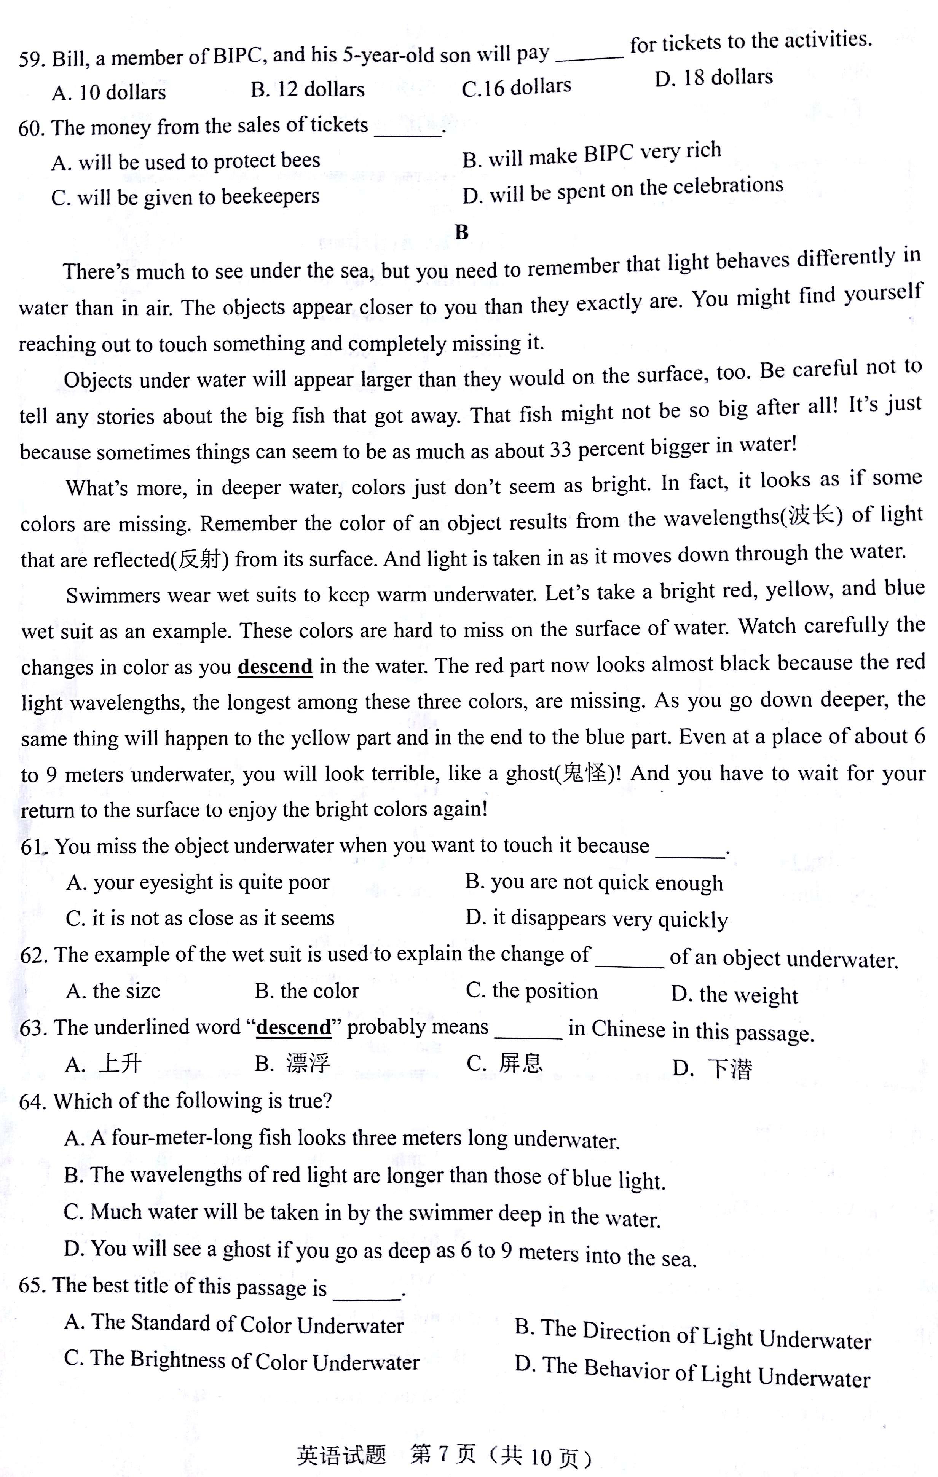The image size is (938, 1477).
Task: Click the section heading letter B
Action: pos(462,233)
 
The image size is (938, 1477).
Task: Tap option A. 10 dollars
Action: pos(108,93)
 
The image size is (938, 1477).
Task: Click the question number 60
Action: pos(31,128)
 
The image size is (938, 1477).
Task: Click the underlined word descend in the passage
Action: pos(275,666)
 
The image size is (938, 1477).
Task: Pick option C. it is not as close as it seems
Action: pos(200,918)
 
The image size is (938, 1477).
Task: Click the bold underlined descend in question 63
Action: pos(294,1027)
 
